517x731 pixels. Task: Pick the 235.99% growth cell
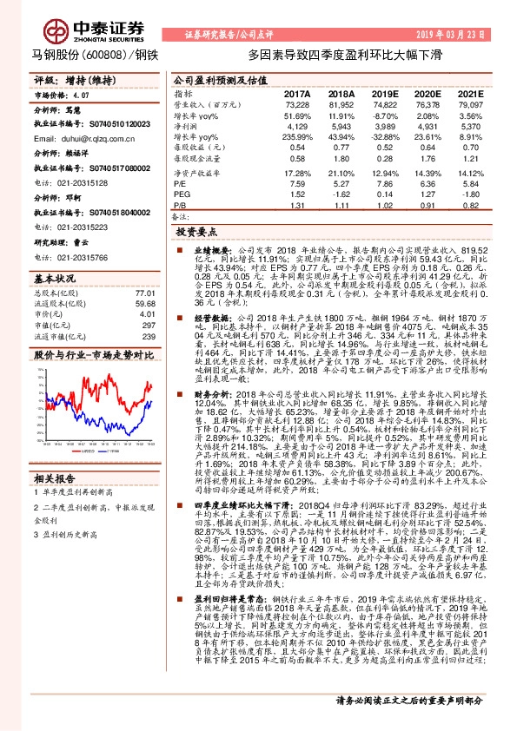coord(296,137)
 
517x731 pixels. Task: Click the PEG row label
coord(181,194)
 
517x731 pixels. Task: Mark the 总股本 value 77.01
coord(143,294)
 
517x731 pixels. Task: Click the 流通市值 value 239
coord(147,336)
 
